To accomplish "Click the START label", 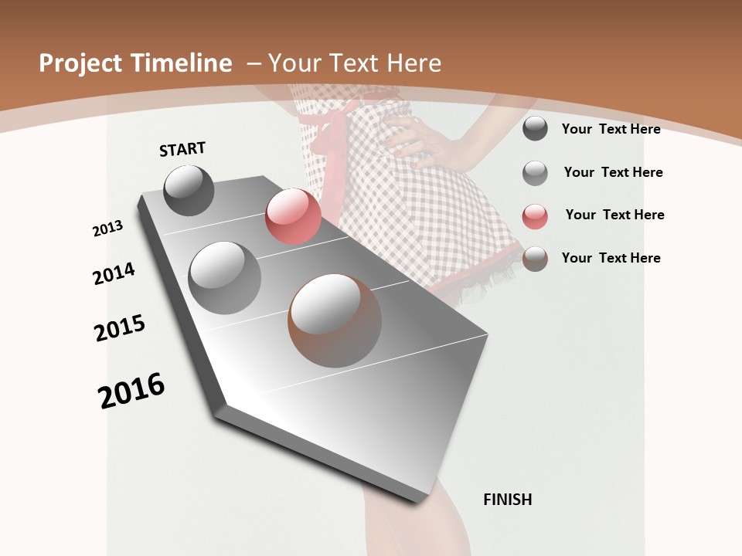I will (x=182, y=149).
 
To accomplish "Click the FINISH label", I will (x=508, y=500).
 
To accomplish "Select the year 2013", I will (x=107, y=229).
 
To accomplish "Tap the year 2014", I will (x=114, y=274).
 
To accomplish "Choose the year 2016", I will (x=131, y=391).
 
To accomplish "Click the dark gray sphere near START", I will (x=189, y=190).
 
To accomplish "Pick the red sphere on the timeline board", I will (x=293, y=216).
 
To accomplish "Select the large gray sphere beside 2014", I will (x=225, y=278).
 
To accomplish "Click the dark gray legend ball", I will (x=535, y=129).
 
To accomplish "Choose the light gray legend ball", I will (x=535, y=173).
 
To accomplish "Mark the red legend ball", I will (x=535, y=216).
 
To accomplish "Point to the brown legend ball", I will (x=535, y=259).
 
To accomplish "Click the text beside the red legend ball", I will (x=614, y=215).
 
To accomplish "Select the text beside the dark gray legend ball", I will (x=611, y=129).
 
